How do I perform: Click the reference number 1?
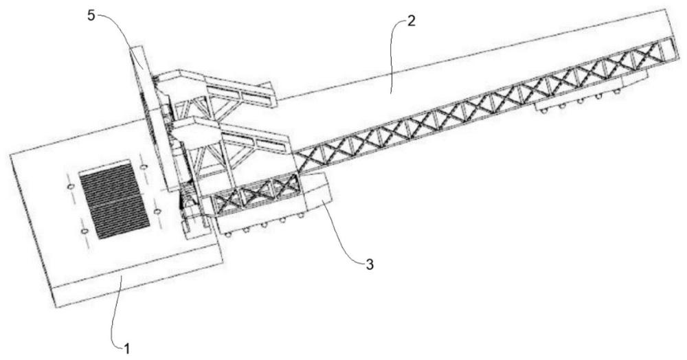[126, 349]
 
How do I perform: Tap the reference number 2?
[411, 21]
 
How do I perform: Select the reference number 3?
[370, 265]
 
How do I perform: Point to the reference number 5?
[91, 16]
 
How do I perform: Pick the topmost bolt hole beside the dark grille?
[142, 167]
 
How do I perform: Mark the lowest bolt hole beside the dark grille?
[85, 230]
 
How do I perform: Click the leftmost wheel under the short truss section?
[228, 234]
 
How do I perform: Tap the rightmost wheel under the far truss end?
[616, 91]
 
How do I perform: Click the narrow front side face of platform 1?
[139, 280]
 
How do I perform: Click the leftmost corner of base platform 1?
[10, 154]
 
